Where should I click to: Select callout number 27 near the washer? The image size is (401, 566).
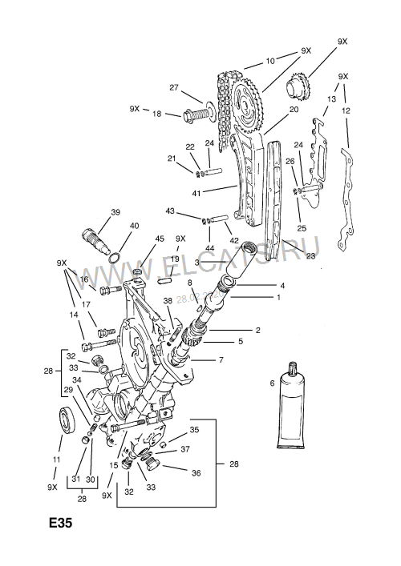(x=173, y=87)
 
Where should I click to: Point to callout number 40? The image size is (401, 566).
(x=134, y=226)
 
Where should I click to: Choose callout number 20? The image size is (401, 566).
(x=294, y=110)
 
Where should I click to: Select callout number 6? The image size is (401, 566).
(x=272, y=384)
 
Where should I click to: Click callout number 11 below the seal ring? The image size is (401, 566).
(x=56, y=460)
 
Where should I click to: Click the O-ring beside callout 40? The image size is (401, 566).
(x=115, y=257)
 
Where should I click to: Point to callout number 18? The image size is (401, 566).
(x=157, y=114)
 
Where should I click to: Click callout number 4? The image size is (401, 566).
(x=282, y=285)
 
